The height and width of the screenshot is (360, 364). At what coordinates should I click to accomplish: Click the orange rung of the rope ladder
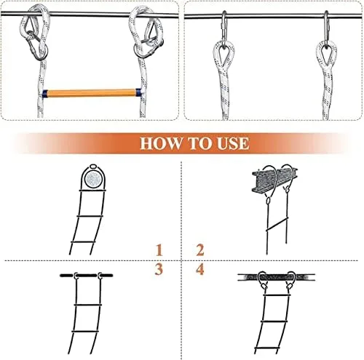91,93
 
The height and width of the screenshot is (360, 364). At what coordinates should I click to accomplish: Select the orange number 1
159,250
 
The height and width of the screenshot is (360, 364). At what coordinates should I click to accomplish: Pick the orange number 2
200,250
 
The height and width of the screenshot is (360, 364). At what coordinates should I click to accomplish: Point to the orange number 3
159,269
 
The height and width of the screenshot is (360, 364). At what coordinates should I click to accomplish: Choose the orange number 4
200,269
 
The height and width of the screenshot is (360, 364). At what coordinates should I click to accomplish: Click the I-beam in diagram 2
275,180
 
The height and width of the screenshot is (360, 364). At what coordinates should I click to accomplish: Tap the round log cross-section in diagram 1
93,179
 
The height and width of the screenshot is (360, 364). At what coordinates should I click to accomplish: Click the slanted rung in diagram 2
277,224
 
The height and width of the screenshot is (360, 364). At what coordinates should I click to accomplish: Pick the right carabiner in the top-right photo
327,27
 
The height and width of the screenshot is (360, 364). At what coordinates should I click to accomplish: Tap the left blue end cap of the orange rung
45,94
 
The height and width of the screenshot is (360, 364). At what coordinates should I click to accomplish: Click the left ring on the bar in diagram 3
76,276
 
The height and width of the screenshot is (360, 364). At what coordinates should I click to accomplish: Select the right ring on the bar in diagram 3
100,276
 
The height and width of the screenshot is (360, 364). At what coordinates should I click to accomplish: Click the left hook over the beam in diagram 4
263,279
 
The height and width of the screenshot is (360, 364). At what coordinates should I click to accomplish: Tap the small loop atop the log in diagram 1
93,167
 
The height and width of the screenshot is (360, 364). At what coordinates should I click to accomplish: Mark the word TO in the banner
199,143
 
